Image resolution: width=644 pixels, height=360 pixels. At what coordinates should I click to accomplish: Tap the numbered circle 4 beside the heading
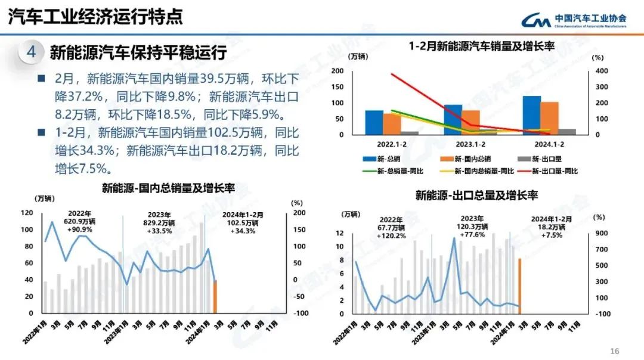pyautogui.click(x=31, y=52)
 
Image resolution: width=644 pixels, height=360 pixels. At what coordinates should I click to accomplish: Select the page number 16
pyautogui.click(x=615, y=351)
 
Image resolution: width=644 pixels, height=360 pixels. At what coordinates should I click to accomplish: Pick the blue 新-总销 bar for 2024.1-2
pyautogui.click(x=532, y=115)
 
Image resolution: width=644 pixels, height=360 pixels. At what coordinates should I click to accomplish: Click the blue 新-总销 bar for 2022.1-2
pyautogui.click(x=374, y=122)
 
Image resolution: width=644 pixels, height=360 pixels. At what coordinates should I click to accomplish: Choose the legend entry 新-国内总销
pyautogui.click(x=466, y=159)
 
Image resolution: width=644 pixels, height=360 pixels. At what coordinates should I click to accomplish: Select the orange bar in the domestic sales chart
pyautogui.click(x=215, y=296)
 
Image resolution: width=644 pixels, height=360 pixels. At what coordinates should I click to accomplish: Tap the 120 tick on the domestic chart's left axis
pyautogui.click(x=27, y=213)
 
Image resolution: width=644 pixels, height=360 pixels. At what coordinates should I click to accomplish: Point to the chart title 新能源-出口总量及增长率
pyautogui.click(x=476, y=195)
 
